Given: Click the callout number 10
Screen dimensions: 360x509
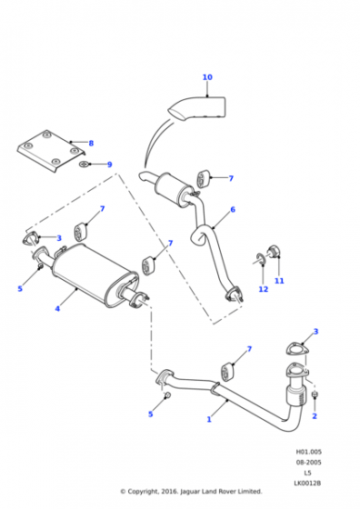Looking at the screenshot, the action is pyautogui.click(x=207, y=77).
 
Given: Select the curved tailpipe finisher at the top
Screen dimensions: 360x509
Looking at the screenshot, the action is pyautogui.click(x=197, y=109).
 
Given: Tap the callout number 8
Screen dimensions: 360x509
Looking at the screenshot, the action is pyautogui.click(x=91, y=144).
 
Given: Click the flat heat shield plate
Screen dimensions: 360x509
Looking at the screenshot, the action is pyautogui.click(x=51, y=151).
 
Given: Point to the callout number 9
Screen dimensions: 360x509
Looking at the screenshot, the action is pyautogui.click(x=110, y=165).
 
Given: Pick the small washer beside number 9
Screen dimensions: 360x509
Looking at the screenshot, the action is pyautogui.click(x=84, y=165).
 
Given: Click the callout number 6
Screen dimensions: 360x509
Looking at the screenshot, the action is pyautogui.click(x=233, y=210).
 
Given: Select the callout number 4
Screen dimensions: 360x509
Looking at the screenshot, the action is pyautogui.click(x=57, y=308).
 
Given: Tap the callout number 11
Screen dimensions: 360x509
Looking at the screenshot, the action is pyautogui.click(x=279, y=281).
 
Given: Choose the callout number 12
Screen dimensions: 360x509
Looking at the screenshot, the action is pyautogui.click(x=264, y=289).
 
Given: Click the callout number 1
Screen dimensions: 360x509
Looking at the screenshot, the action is pyautogui.click(x=209, y=419).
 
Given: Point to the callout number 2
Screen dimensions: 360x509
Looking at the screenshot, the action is pyautogui.click(x=315, y=416).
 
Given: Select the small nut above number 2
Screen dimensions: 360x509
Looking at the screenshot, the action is pyautogui.click(x=315, y=394).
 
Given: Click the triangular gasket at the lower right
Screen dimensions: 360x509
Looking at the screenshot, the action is pyautogui.click(x=297, y=349).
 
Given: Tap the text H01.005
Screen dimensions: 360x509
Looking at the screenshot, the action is pyautogui.click(x=308, y=452).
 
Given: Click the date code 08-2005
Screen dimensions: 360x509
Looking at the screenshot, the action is pyautogui.click(x=308, y=463).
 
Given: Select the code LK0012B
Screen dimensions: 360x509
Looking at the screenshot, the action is pyautogui.click(x=307, y=484).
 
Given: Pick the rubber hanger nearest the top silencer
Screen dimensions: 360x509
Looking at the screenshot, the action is pyautogui.click(x=203, y=178).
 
